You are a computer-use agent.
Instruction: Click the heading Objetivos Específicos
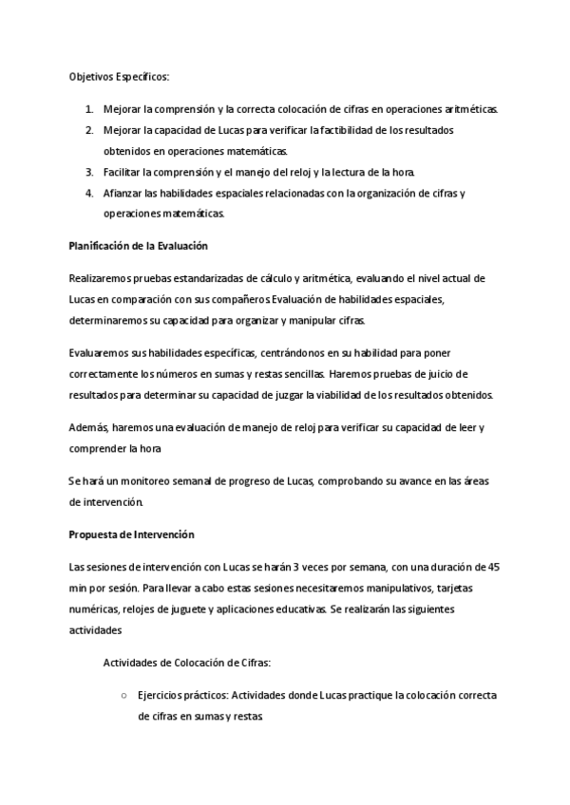coord(119,76)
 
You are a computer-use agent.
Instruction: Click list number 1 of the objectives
coord(90,109)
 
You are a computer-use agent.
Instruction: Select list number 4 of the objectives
coord(90,193)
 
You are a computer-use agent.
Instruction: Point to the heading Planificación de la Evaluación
coord(138,246)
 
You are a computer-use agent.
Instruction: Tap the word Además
coord(89,427)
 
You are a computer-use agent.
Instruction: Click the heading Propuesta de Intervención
coord(131,534)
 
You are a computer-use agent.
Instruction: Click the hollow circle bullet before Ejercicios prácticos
coord(124,695)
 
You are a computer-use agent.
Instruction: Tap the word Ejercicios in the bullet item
coord(161,695)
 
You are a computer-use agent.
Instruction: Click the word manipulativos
coord(398,588)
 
